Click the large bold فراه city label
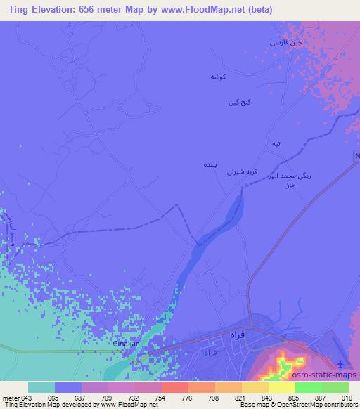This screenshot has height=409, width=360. pyautogui.click(x=236, y=336)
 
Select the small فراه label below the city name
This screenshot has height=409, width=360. pyautogui.click(x=209, y=350)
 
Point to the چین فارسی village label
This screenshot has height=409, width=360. pyautogui.click(x=287, y=44)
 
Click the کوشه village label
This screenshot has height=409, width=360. pyautogui.click(x=217, y=75)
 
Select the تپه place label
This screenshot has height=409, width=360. pyautogui.click(x=276, y=143)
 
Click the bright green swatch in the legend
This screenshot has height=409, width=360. pyautogui.click(x=309, y=387)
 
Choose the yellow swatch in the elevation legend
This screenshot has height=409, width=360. pyautogui.click(x=255, y=387)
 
